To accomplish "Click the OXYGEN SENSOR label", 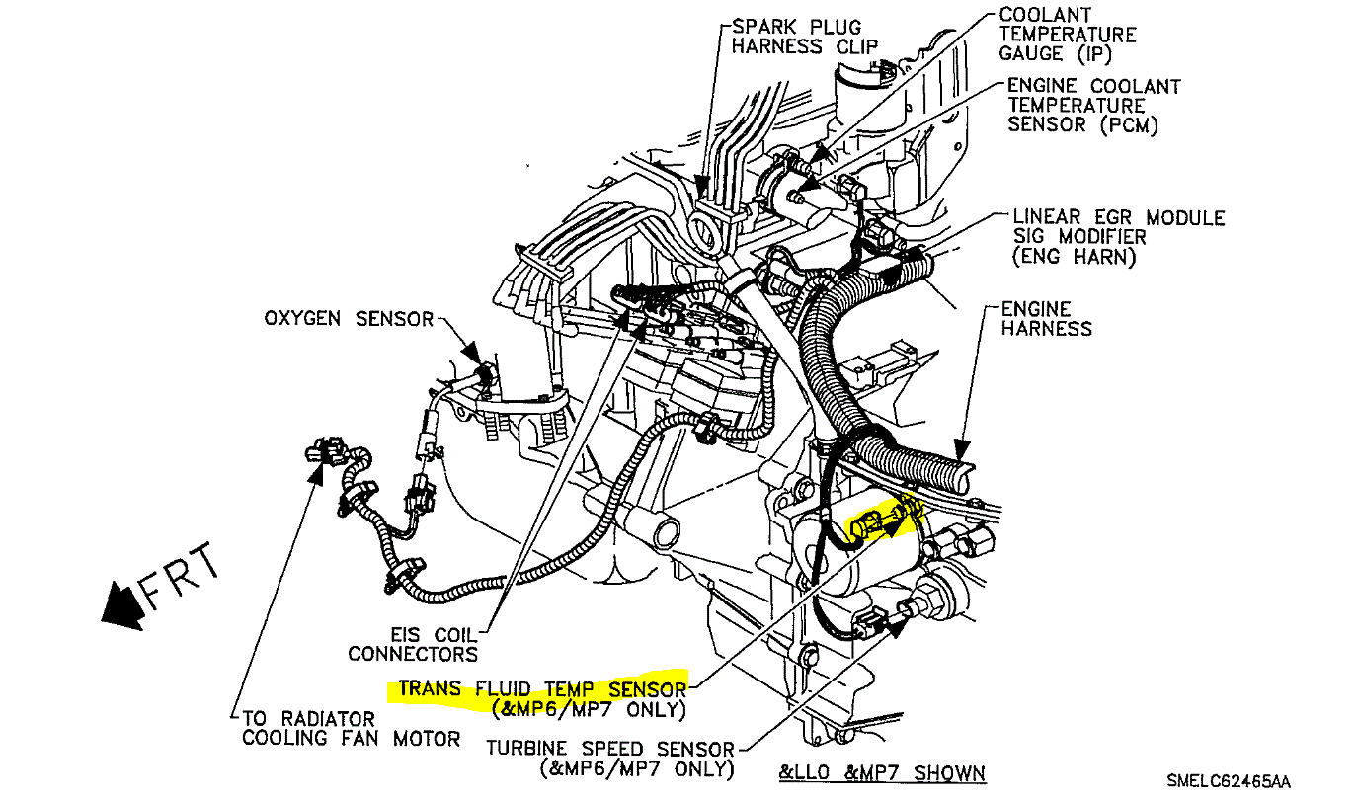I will coord(349,318).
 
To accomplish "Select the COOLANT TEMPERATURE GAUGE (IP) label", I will coord(1067,34).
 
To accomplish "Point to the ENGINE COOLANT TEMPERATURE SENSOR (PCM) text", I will coord(1092,106).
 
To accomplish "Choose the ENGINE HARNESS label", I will coord(1047,318).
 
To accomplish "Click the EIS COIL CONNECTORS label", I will coord(413,643).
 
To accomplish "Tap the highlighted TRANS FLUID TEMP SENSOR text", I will coord(541,688).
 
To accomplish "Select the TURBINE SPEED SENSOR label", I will coord(609,749).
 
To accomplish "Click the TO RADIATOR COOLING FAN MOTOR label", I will coord(351,728).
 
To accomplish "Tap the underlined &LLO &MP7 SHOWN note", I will coord(882,772).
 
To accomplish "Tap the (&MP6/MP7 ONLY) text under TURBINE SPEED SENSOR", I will coord(635,768).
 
